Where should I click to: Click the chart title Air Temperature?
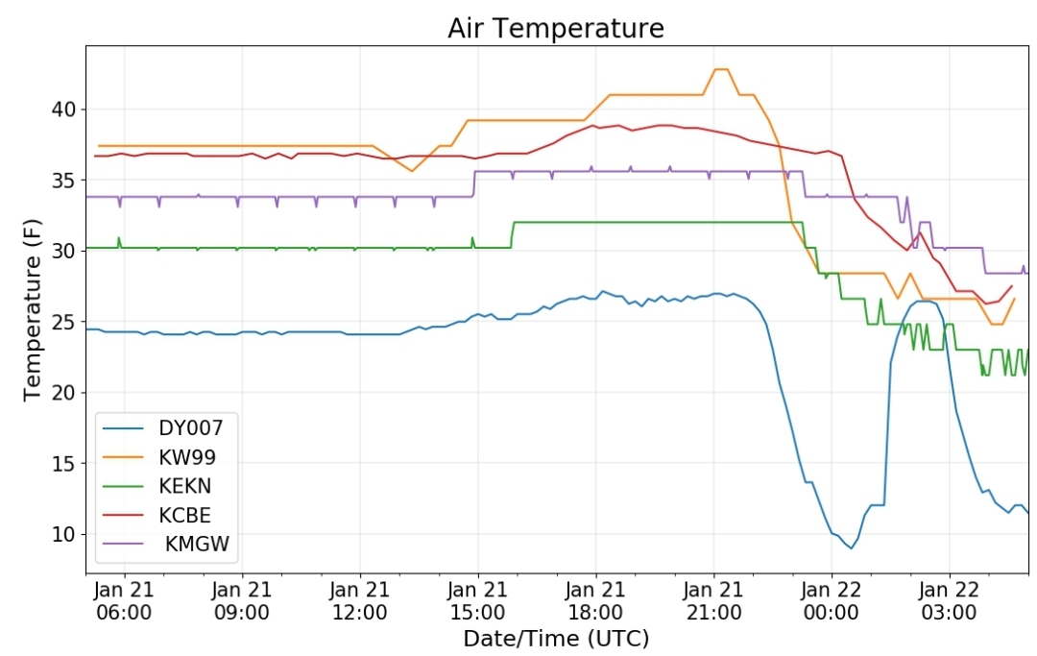pyautogui.click(x=556, y=29)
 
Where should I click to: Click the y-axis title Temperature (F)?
pyautogui.click(x=32, y=309)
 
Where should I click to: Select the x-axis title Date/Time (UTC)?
pyautogui.click(x=556, y=639)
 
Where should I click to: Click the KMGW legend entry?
pyautogui.click(x=166, y=544)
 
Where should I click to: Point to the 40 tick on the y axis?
pyautogui.click(x=64, y=109)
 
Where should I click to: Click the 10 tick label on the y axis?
pyautogui.click(x=64, y=534)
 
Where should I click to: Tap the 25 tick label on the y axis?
pyautogui.click(x=64, y=322)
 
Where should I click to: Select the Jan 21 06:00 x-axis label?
pyautogui.click(x=124, y=600)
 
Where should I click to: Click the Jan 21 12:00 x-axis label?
pyautogui.click(x=360, y=600)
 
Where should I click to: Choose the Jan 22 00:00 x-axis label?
pyautogui.click(x=832, y=600)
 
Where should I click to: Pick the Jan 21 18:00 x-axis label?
pyautogui.click(x=595, y=600)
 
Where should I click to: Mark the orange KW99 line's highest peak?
pyautogui.click(x=721, y=69)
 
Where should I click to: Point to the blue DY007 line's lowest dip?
pyautogui.click(x=851, y=548)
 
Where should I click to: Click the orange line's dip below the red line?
pyautogui.click(x=412, y=171)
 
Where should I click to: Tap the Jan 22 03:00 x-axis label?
pyautogui.click(x=949, y=600)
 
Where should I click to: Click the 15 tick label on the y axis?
pyautogui.click(x=64, y=464)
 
